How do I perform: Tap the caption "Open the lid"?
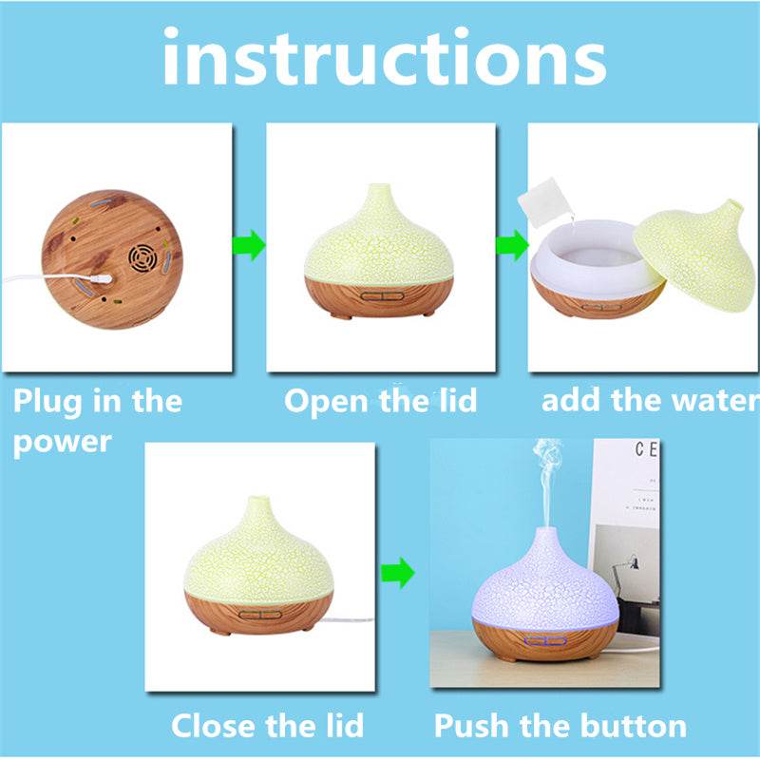pos(380,400)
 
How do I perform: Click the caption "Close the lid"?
pos(267,727)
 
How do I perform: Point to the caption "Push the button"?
pos(560,727)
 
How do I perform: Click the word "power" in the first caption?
pos(62,442)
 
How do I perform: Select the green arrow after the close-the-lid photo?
pos(398,573)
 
